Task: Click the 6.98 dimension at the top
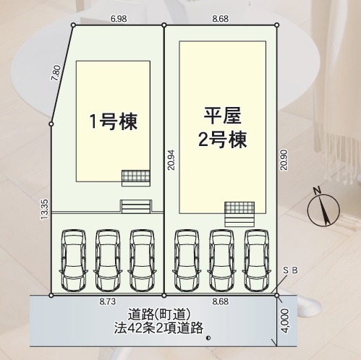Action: click(x=119, y=19)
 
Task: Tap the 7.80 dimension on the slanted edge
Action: click(x=57, y=73)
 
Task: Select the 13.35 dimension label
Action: click(x=45, y=209)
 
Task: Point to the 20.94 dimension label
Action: click(x=171, y=160)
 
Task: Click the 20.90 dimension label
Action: click(x=284, y=160)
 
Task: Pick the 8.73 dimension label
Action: click(x=108, y=301)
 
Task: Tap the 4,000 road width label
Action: click(x=285, y=321)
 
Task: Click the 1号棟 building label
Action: click(x=114, y=121)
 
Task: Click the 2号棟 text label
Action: click(x=222, y=140)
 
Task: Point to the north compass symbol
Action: click(x=323, y=210)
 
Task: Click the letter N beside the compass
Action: click(x=318, y=191)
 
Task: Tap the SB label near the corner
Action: click(x=290, y=270)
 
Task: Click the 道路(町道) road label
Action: click(x=159, y=314)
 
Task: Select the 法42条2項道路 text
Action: click(x=158, y=328)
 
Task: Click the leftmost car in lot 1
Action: click(x=74, y=260)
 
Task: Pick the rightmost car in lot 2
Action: click(x=256, y=260)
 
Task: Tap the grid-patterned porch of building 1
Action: click(x=136, y=176)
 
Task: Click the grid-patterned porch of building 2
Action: click(x=239, y=207)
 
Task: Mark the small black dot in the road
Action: click(x=208, y=338)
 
